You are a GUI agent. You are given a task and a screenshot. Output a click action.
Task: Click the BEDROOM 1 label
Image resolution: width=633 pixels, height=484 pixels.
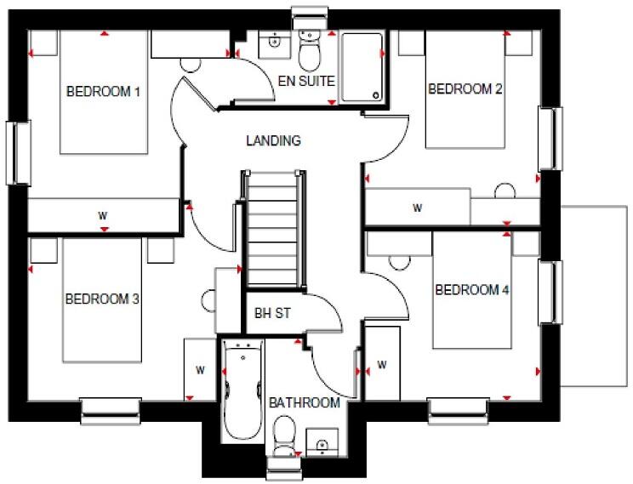pyautogui.click(x=103, y=91)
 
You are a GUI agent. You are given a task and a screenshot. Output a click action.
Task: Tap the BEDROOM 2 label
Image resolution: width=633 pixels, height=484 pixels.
pyautogui.click(x=465, y=88)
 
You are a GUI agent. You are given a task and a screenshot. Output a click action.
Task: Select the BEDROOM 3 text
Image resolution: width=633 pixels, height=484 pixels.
pyautogui.click(x=102, y=299)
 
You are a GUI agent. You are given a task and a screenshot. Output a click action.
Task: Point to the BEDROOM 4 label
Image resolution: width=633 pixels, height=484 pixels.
pyautogui.click(x=472, y=290)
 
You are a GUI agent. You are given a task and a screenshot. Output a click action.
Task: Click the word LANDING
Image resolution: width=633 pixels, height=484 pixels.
pyautogui.click(x=273, y=140)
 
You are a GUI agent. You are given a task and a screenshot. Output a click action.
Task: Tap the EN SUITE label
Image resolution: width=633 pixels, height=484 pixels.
pyautogui.click(x=306, y=82)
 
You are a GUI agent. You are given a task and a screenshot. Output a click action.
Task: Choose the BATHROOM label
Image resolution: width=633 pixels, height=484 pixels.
pyautogui.click(x=305, y=402)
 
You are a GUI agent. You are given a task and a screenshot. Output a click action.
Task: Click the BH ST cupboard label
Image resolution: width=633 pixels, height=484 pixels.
pyautogui.click(x=272, y=313)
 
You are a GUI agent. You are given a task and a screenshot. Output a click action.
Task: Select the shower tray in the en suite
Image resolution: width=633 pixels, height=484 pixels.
pyautogui.click(x=362, y=68)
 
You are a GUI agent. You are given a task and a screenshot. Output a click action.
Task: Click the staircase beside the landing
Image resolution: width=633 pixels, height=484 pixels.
pyautogui.click(x=273, y=230)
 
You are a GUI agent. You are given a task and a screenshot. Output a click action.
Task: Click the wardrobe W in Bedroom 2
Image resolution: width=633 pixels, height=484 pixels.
pyautogui.click(x=418, y=207)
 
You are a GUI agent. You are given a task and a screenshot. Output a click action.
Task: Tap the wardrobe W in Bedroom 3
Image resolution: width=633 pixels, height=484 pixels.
pyautogui.click(x=200, y=369)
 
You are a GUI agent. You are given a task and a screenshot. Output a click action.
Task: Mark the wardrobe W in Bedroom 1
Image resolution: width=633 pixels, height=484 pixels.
pyautogui.click(x=103, y=215)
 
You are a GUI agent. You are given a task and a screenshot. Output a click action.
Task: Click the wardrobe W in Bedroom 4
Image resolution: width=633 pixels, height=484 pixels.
pyautogui.click(x=382, y=366)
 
